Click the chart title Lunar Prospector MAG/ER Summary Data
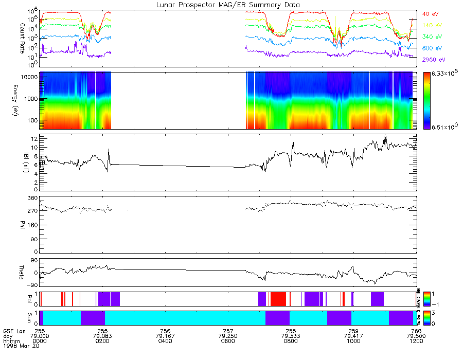tap(228, 5)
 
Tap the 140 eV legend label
tap(432, 25)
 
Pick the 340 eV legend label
tap(432, 37)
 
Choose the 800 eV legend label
tap(432, 48)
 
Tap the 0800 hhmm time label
tap(291, 340)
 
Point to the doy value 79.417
tap(353, 335)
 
